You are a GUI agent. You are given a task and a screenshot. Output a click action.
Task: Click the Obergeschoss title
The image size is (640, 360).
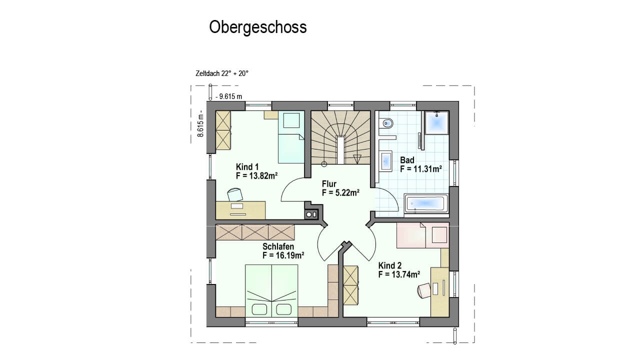pos(257,27)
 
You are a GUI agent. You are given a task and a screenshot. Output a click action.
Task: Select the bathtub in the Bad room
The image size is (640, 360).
pos(426,203)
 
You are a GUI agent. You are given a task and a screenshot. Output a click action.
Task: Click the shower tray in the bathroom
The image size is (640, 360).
pos(436,123)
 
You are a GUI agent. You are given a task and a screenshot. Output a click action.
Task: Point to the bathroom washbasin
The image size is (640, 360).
pos(386,161)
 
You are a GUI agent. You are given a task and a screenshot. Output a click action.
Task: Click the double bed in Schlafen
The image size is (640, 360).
pos(271,290)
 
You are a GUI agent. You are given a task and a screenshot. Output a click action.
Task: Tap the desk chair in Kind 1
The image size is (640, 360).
pos(235,194)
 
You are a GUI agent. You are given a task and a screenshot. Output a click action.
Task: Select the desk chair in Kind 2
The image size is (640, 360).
pos(424,290)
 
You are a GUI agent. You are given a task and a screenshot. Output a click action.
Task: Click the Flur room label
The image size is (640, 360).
pos(329,183)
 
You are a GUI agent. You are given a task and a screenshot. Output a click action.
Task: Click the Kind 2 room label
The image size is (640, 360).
pos(390,265)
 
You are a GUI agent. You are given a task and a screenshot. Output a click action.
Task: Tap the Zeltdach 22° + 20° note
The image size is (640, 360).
pos(222,73)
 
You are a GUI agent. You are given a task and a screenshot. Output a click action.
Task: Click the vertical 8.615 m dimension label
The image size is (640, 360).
pos(200,123)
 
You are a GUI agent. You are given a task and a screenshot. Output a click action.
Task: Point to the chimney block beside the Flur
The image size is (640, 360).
pos(311,214)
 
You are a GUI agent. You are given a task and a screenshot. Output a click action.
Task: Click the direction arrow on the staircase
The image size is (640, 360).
pos(357,159)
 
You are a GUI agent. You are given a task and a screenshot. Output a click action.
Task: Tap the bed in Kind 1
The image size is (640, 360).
pos(291,137)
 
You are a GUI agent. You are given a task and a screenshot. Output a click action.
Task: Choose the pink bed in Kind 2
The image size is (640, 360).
pos(422,235)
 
